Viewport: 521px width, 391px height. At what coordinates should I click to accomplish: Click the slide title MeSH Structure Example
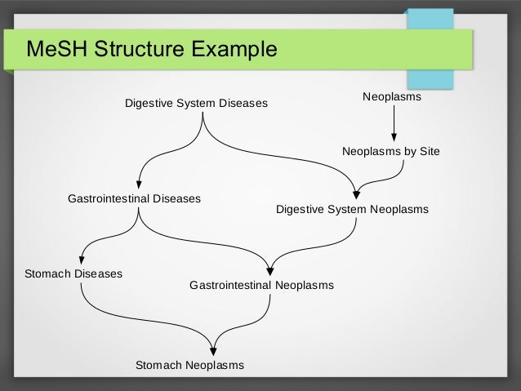pos(152,51)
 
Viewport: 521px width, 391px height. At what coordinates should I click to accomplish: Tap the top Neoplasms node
pos(391,97)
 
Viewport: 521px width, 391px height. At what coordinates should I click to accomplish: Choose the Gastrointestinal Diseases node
pos(134,198)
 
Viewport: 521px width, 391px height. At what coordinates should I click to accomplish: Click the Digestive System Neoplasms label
pos(352,210)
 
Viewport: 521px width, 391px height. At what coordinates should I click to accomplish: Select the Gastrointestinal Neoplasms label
pos(261,286)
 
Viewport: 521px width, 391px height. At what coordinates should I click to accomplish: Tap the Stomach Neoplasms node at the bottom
pos(189,365)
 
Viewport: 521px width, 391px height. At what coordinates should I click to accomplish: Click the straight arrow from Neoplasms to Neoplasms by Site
pos(394,122)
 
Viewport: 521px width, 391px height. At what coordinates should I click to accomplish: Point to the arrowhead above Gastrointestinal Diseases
pos(140,183)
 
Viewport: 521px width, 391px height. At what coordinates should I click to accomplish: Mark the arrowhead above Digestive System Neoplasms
pos(356,194)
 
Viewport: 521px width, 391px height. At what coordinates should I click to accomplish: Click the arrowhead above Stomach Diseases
pos(80,258)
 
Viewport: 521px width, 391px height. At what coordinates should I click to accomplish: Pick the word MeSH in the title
pos(56,51)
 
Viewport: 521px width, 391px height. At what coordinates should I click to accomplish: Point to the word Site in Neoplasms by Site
pos(428,151)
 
